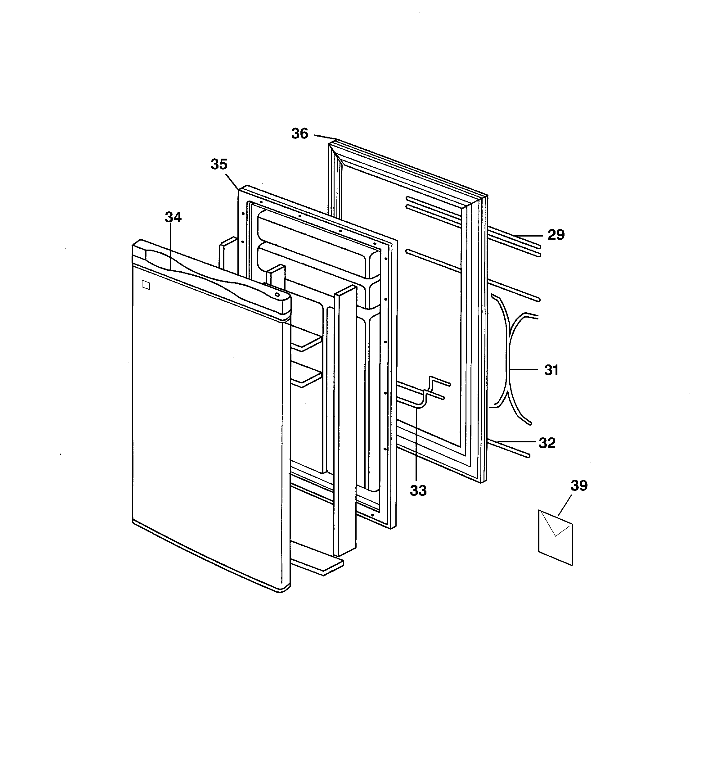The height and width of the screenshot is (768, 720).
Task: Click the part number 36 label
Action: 300,134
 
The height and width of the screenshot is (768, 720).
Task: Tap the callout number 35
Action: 219,165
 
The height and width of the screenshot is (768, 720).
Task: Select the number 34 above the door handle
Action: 173,218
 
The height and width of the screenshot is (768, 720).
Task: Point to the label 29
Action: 556,234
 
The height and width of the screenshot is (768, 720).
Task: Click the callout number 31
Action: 551,370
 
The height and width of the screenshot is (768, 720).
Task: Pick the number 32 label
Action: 547,443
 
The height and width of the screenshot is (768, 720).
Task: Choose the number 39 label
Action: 579,486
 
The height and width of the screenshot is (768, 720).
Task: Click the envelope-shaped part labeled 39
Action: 556,537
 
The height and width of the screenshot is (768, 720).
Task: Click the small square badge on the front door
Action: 146,285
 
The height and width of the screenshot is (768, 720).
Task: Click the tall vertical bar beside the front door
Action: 346,421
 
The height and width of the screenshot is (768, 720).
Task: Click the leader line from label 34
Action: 170,247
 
